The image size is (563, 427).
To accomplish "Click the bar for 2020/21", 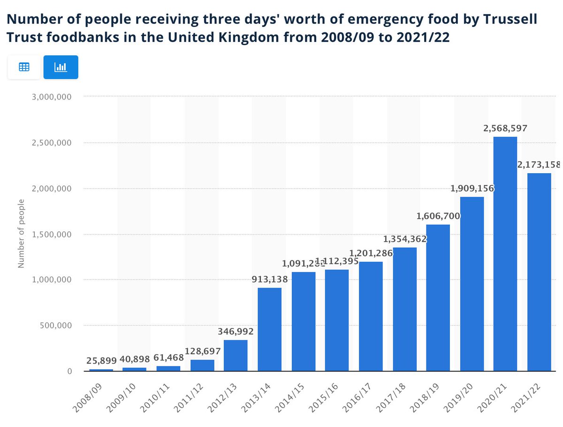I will [505, 253].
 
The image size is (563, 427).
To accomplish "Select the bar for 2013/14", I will [270, 329].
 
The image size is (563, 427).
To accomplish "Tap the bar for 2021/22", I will [539, 272].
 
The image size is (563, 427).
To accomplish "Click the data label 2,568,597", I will [505, 128].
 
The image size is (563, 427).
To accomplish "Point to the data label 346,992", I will [236, 331].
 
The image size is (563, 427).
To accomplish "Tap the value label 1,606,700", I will [438, 216].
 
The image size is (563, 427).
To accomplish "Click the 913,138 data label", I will [269, 279].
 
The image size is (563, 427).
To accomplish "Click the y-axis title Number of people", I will [21, 234].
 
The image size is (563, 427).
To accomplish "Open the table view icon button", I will [24, 67].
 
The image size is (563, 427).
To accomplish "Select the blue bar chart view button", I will [61, 67].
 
